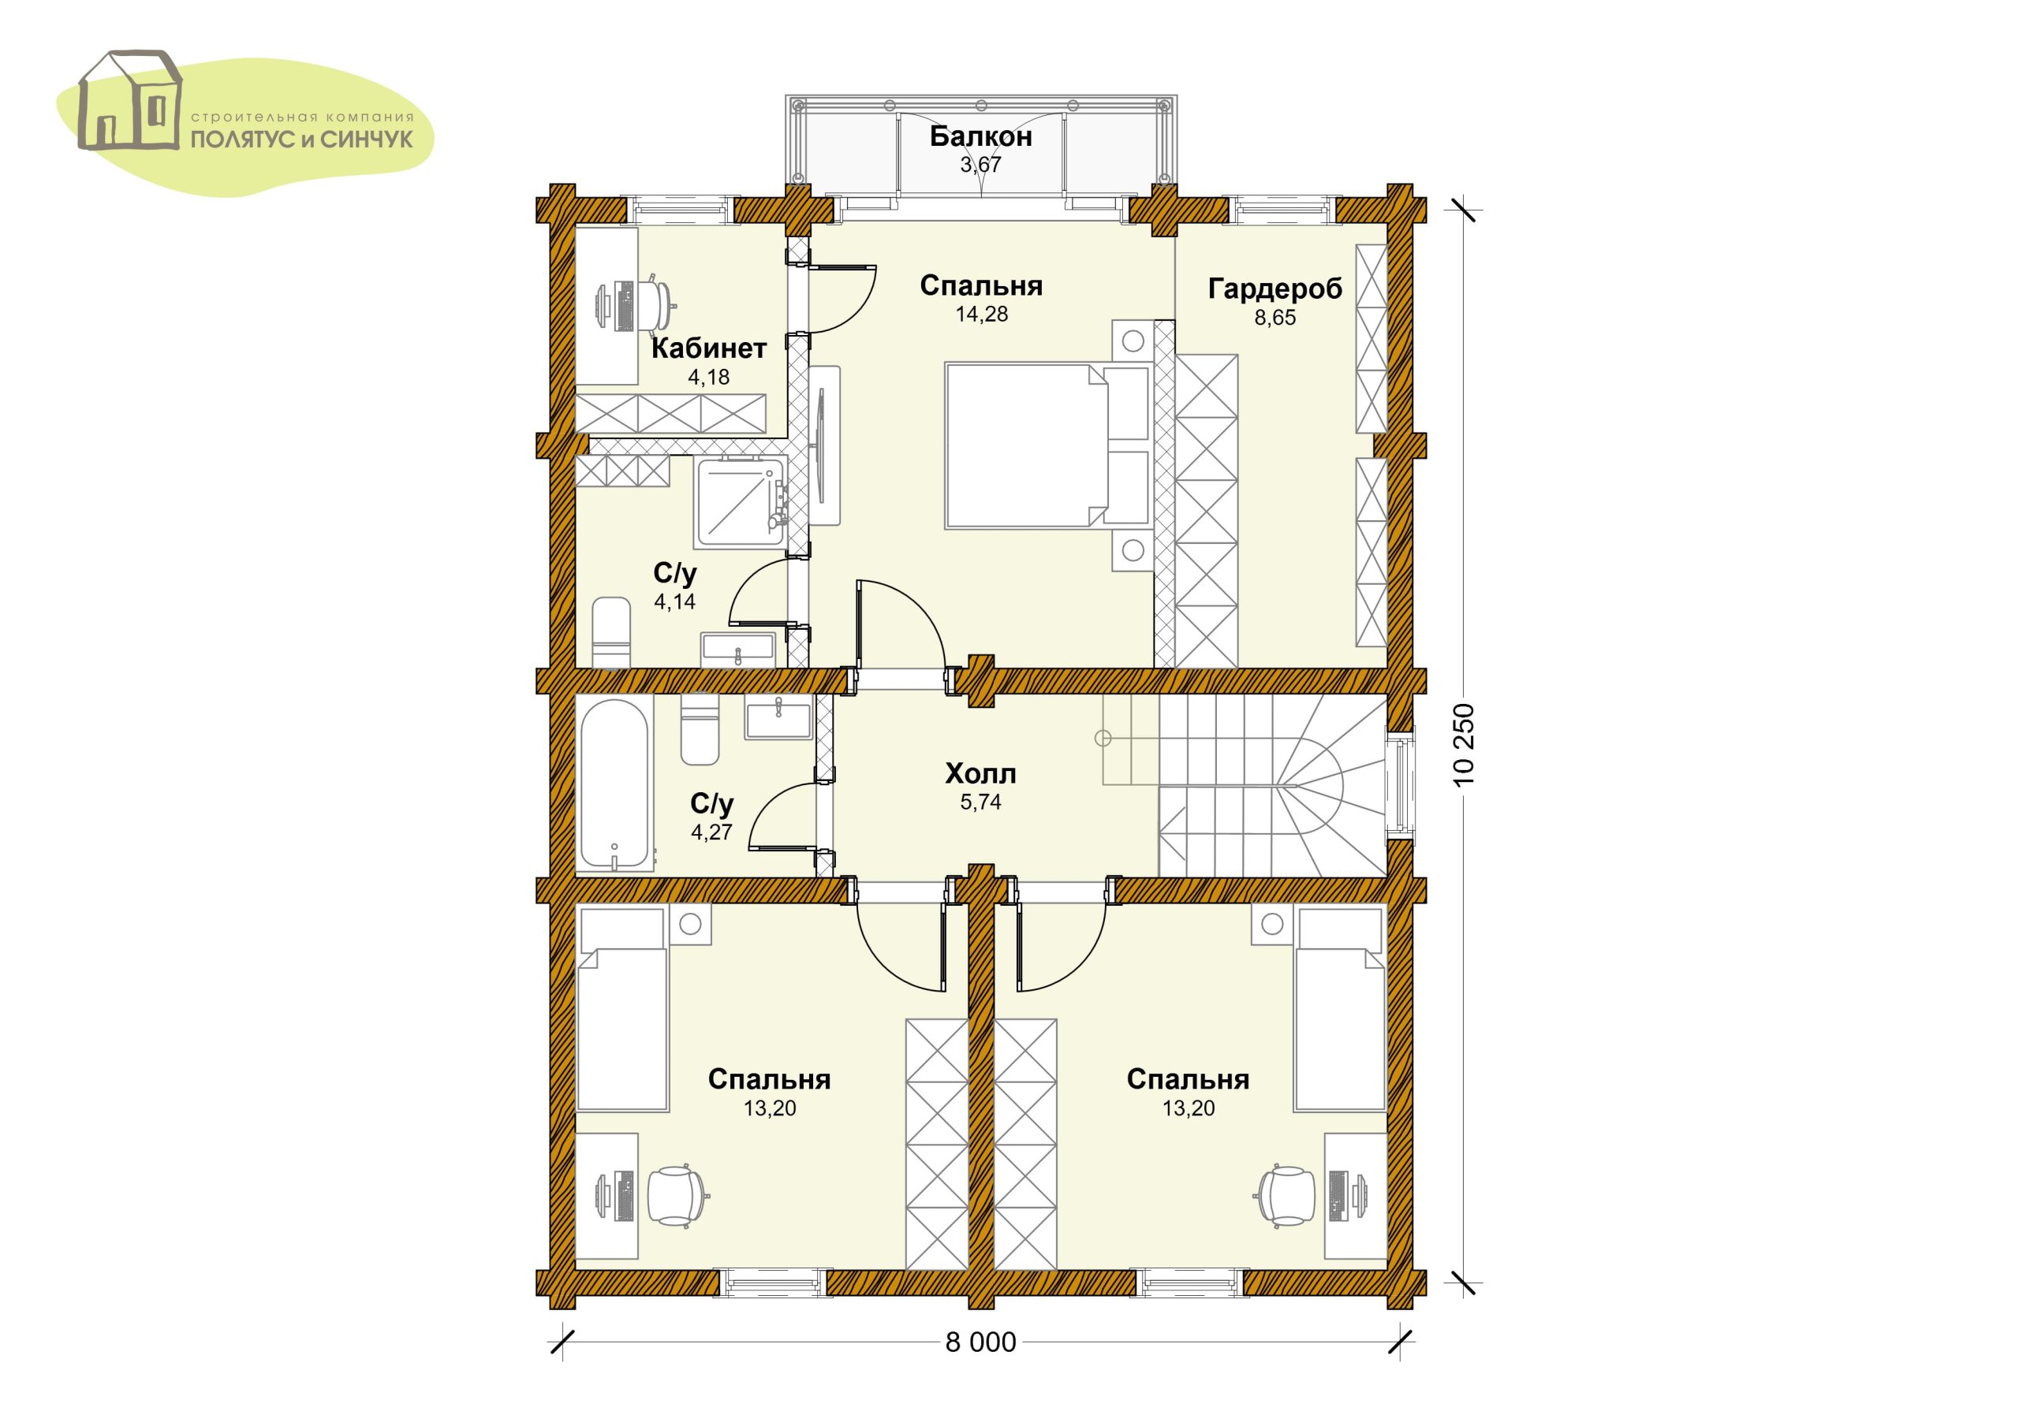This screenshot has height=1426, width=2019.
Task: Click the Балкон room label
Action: [980, 136]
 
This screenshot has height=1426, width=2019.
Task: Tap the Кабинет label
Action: [709, 348]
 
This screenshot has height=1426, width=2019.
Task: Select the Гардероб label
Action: [1275, 289]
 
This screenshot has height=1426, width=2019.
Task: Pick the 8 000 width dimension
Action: [980, 1342]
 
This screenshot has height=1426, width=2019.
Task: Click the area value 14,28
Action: [981, 315]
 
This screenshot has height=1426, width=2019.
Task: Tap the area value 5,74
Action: [980, 802]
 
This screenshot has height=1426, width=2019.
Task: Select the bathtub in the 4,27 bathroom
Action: [615, 784]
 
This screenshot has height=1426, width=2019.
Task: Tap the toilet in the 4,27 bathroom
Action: [700, 730]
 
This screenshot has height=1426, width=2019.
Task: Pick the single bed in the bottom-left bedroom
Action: [621, 1010]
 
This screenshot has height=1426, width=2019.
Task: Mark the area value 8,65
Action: [1275, 318]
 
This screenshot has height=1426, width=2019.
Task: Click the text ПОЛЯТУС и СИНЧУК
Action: [303, 140]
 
